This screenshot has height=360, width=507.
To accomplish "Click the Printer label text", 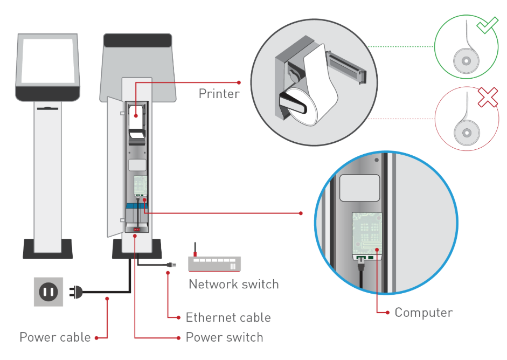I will [219, 94].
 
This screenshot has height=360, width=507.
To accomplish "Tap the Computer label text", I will [423, 313].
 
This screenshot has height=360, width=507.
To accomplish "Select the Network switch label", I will [233, 284].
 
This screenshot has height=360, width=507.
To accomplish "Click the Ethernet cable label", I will [228, 317].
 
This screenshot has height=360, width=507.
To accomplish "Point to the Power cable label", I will [55, 337].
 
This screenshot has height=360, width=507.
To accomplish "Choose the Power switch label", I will [224, 337].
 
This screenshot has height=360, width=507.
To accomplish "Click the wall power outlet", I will [48, 292].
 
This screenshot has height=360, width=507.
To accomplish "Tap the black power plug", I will [76, 292].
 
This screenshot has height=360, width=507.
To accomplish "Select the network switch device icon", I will [214, 263].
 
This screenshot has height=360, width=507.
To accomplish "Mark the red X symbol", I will [487, 98].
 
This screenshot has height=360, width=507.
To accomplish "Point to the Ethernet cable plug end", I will [170, 265].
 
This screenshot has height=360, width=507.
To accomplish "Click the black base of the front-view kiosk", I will [48, 248].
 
